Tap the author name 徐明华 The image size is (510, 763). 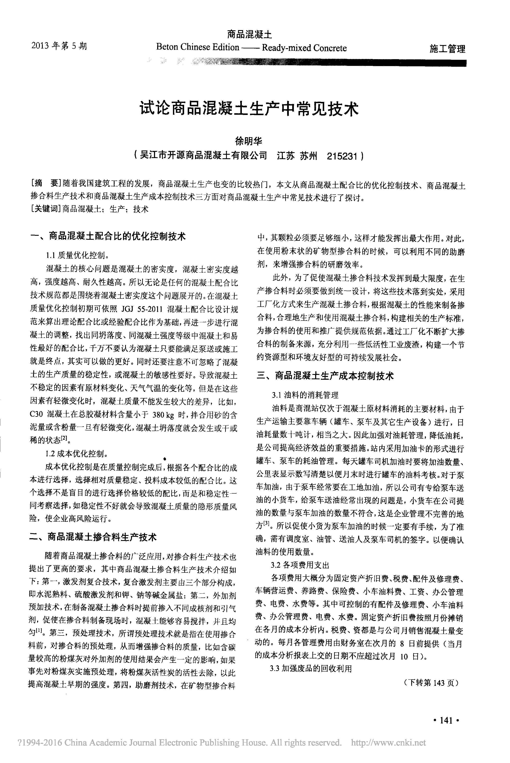point(249,141)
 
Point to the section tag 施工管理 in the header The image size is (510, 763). point(447,49)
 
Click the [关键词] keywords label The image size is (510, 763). point(46,209)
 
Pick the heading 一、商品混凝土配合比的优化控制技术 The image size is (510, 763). point(107,236)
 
